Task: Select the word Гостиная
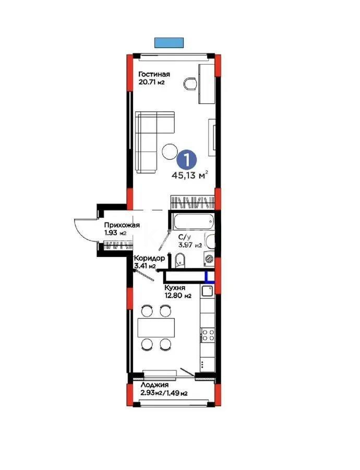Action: [154, 74]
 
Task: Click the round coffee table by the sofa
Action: [170, 152]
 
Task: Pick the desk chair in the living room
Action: [191, 84]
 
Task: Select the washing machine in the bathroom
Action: [209, 257]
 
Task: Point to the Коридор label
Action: [149, 258]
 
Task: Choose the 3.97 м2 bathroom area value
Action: [190, 245]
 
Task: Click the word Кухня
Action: [175, 287]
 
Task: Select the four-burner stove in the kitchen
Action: [208, 335]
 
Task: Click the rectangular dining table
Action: [155, 327]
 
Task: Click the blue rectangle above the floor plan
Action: [169, 42]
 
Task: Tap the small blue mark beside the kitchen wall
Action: [209, 277]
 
